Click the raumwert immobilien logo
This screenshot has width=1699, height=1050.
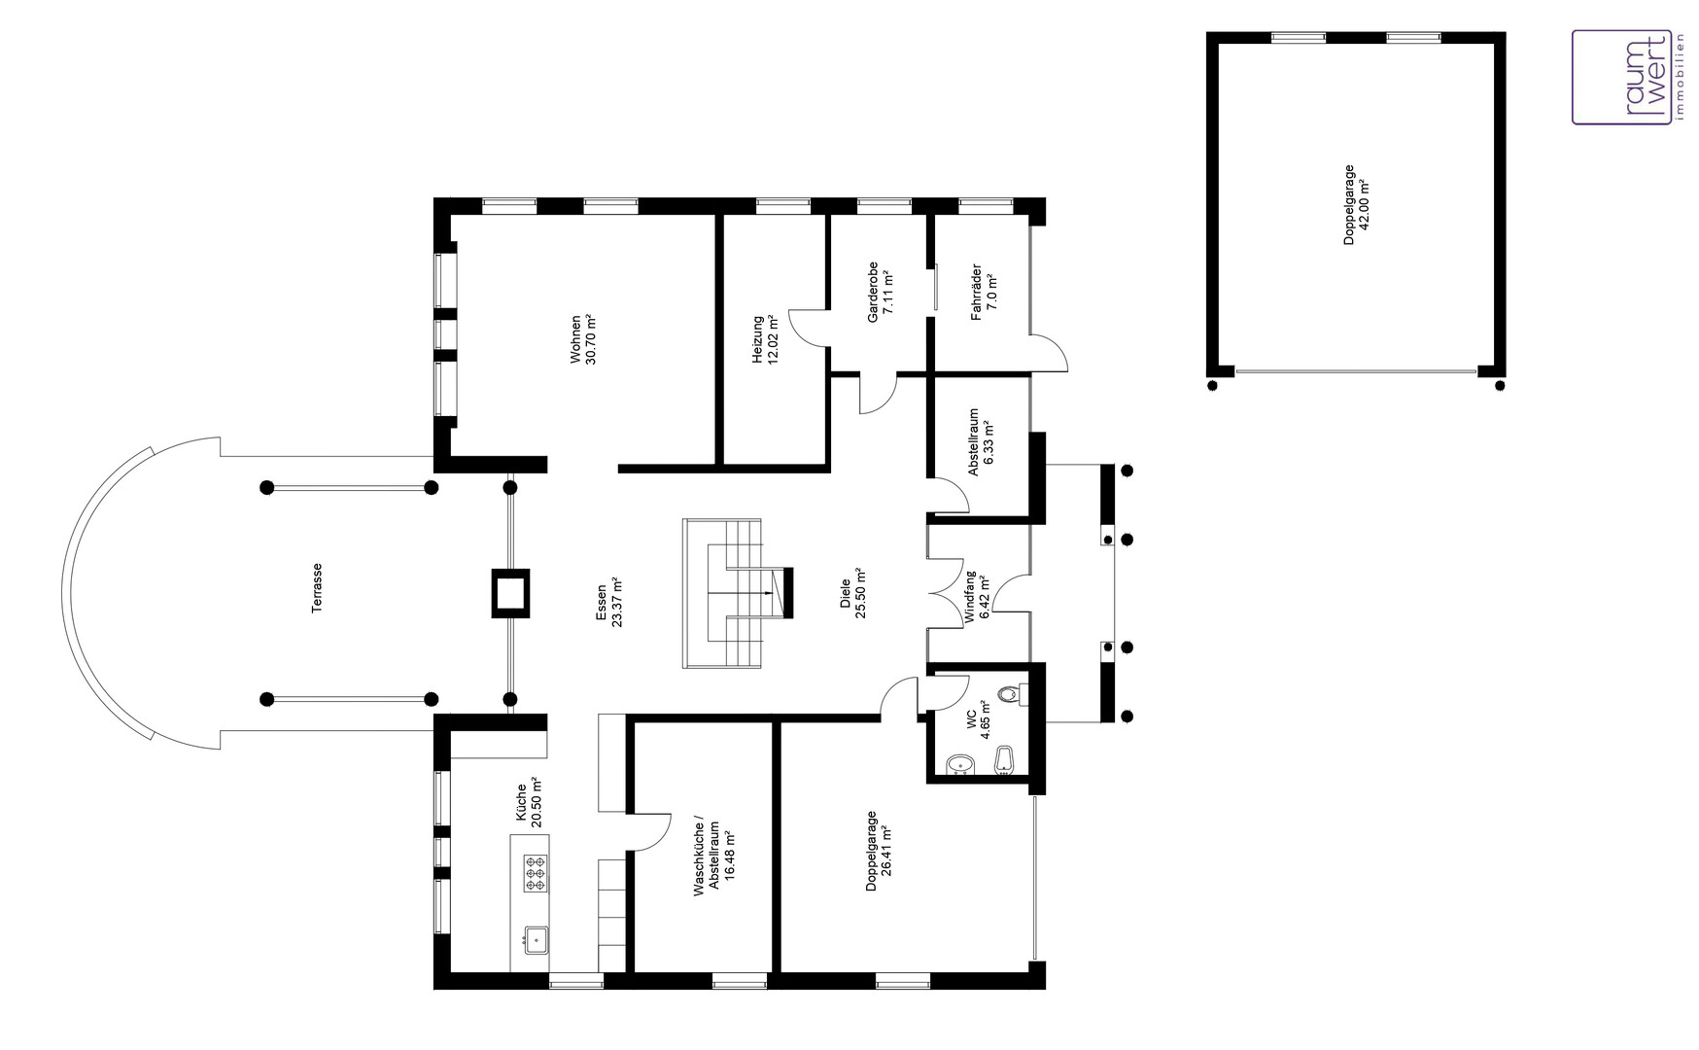point(1622,77)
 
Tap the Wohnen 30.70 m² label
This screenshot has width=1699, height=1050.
point(582,339)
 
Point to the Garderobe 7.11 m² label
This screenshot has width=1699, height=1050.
point(880,292)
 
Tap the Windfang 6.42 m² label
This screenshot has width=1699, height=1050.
point(977,598)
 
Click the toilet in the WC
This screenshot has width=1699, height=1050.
point(1011,694)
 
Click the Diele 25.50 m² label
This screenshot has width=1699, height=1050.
point(852,593)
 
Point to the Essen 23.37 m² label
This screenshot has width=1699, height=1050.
point(608,604)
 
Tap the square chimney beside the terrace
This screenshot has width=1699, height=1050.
point(509,592)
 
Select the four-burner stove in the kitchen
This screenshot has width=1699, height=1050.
point(536,873)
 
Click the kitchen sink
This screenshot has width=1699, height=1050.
point(536,939)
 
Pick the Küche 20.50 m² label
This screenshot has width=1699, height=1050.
point(528,803)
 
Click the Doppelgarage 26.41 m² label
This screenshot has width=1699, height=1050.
point(879,851)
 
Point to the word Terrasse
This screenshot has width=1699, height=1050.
point(317,588)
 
